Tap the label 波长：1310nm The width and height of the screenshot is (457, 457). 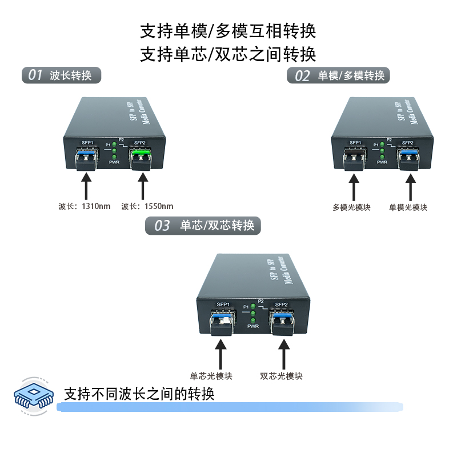84,206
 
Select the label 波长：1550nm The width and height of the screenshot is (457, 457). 147,206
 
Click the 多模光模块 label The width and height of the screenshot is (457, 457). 351,207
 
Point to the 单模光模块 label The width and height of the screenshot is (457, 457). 408,207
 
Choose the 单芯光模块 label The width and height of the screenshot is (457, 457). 211,376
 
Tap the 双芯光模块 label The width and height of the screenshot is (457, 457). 281,376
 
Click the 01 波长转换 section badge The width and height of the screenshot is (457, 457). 61,75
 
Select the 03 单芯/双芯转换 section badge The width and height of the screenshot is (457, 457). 204,226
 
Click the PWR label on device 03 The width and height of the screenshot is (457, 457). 253,326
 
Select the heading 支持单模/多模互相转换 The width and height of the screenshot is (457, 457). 228,30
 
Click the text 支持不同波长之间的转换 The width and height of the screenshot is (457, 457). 139,394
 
